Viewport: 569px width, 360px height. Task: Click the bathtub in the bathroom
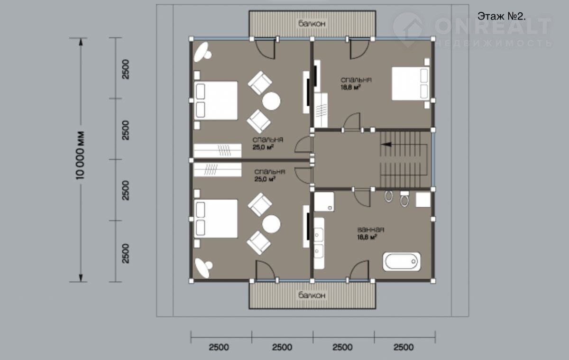tap(402, 261)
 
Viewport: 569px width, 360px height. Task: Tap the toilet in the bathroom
tap(404, 199)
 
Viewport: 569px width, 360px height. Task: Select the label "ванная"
tap(371, 230)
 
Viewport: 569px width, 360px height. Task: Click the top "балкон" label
tap(312, 24)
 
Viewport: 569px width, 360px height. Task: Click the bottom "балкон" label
tap(312, 295)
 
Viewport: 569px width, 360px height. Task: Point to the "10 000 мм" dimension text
tap(80, 156)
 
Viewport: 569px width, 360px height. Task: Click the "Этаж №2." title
tap(502, 16)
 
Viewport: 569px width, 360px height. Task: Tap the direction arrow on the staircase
tap(386, 144)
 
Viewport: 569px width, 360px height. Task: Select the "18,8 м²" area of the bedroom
tap(350, 87)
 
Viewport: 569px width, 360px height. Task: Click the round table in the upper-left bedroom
tap(271, 101)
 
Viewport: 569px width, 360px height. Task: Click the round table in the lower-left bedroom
tap(271, 224)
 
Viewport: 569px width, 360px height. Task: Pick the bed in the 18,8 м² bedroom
tap(411, 83)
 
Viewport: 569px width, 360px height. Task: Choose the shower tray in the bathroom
tap(324, 202)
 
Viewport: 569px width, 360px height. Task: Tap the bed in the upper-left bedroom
tap(216, 101)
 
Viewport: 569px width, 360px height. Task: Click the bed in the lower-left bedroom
tap(216, 219)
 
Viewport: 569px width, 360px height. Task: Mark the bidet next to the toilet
tap(389, 196)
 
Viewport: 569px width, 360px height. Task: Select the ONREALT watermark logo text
tap(493, 26)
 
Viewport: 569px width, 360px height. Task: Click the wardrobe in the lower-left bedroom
tap(218, 170)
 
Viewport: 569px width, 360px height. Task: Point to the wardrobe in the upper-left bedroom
tap(218, 150)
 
